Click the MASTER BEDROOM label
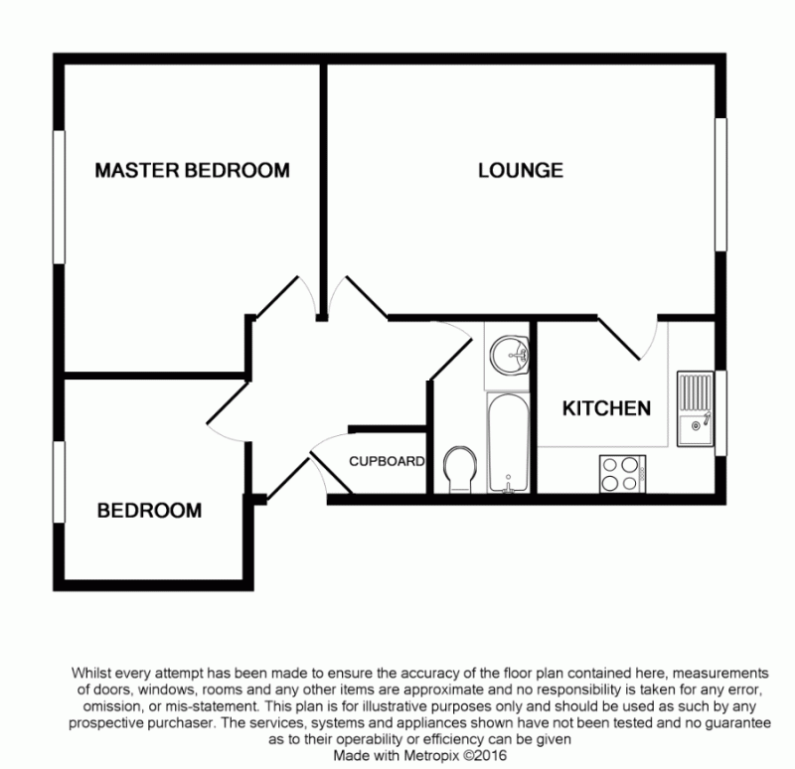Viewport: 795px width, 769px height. pyautogui.click(x=192, y=170)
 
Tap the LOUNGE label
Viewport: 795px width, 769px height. pyautogui.click(x=521, y=170)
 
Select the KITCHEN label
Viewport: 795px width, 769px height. pyautogui.click(x=606, y=408)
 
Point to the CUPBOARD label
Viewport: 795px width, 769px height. pyautogui.click(x=387, y=461)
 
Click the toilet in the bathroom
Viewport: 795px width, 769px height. pyautogui.click(x=460, y=469)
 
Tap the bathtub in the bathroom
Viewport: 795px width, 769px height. pyautogui.click(x=508, y=442)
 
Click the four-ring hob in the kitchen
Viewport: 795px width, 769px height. pyautogui.click(x=623, y=474)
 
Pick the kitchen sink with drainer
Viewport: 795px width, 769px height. pyautogui.click(x=695, y=409)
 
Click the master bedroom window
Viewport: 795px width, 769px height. pyautogui.click(x=60, y=197)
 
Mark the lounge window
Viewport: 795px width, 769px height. pyautogui.click(x=720, y=185)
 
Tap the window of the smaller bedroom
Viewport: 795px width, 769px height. pyautogui.click(x=60, y=482)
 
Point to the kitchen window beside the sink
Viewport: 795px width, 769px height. pyautogui.click(x=720, y=413)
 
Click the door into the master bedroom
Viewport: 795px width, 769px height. pyautogui.click(x=277, y=298)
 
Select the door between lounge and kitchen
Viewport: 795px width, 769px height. pyautogui.click(x=619, y=338)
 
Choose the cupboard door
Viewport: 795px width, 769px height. pyautogui.click(x=331, y=473)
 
